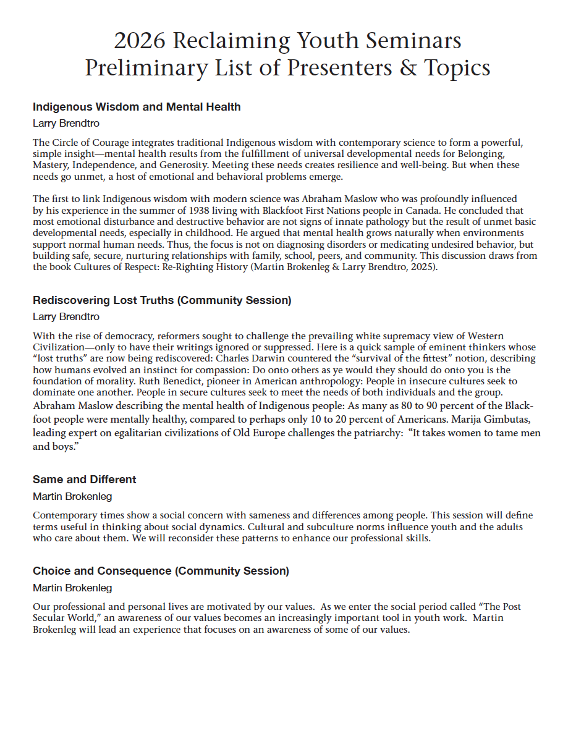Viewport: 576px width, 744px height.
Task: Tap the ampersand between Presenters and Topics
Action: (x=408, y=68)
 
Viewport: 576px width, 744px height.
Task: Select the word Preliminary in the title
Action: (x=134, y=68)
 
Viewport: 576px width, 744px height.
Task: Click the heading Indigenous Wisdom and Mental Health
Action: (x=137, y=107)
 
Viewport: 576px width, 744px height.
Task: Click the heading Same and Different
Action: (x=85, y=480)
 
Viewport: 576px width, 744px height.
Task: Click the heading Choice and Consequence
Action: (x=161, y=571)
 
